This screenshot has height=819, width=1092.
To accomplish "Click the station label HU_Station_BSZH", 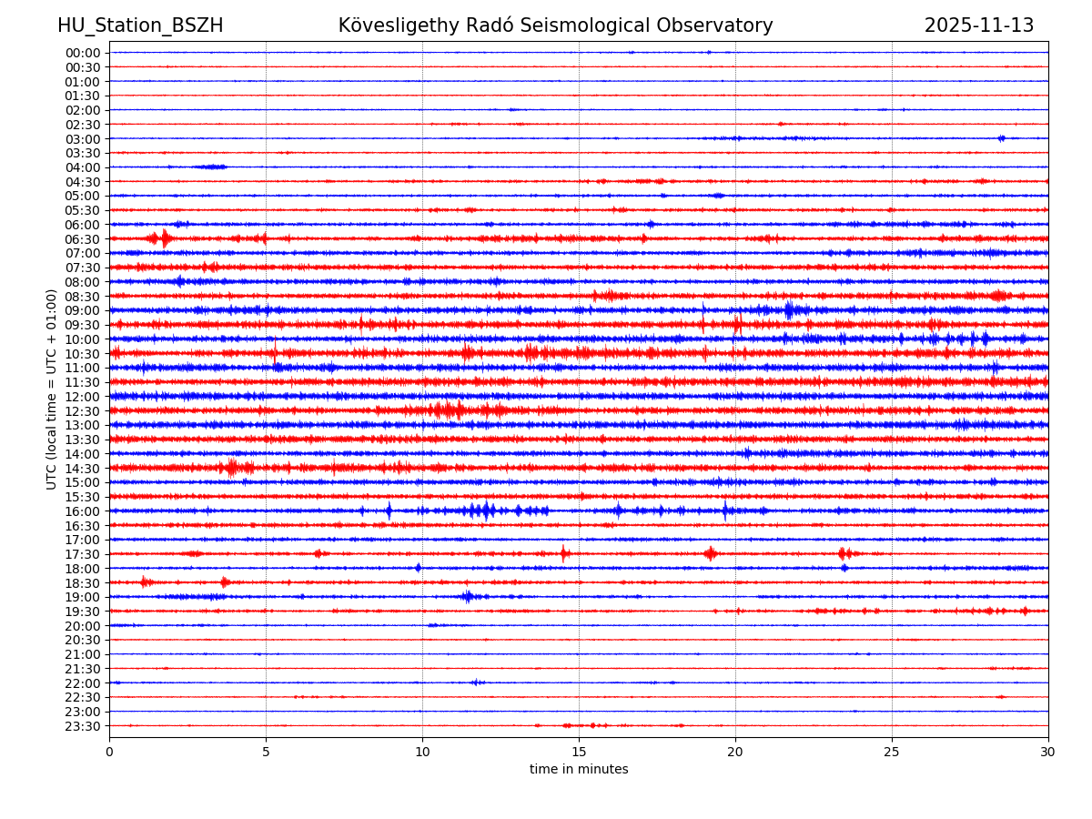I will coord(140,25).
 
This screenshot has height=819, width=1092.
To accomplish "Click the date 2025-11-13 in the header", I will coord(979,25).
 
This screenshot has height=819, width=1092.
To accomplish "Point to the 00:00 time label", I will coord(82,53).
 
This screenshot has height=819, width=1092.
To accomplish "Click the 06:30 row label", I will coord(82,239).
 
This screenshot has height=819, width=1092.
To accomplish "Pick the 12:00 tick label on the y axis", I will coord(82,397).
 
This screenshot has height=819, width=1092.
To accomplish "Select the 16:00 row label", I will coord(82,511).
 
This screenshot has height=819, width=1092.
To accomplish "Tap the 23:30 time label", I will coord(82,726).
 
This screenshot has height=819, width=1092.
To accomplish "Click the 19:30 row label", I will coord(82,612).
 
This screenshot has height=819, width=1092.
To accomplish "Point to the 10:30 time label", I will coord(82,354).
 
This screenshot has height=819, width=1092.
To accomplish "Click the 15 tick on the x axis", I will coord(579,752).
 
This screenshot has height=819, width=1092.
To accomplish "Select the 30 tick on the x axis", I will coord(1048,752).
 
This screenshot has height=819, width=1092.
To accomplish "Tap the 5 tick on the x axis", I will coord(266,752).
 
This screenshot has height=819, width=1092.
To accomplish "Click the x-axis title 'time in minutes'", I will coord(579,770).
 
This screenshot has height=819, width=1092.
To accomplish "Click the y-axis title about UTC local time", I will coord(52,389).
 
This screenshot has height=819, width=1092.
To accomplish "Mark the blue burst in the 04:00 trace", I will coord(211,167).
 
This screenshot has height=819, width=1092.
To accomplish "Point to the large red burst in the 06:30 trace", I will coord(163,238).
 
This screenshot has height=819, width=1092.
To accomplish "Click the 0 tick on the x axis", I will coord(109,752).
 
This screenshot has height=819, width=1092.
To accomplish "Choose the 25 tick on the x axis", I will coord(892,752).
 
